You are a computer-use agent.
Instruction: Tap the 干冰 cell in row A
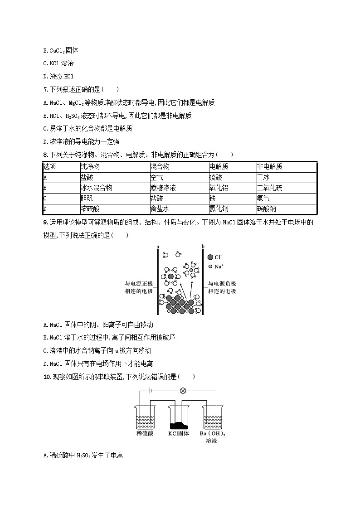point(263,177)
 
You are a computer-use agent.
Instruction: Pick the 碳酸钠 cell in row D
point(267,209)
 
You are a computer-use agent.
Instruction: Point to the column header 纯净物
point(90,166)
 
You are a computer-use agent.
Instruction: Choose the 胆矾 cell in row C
point(87,198)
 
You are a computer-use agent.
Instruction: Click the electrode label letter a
point(157,247)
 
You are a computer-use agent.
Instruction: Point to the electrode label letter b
point(203,247)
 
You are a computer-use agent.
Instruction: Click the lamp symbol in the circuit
point(183,390)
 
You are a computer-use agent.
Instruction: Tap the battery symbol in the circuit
point(150,390)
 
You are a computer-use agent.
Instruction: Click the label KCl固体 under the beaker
point(178,433)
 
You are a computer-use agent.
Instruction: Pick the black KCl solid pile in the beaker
point(179,425)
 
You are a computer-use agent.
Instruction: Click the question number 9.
point(45,222)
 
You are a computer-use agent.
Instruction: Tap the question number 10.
point(47,376)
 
